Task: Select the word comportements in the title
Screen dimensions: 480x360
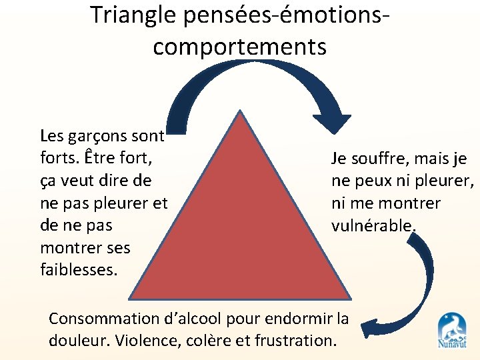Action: (240, 46)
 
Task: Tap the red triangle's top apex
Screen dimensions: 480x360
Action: (240, 113)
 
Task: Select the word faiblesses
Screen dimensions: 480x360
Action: (79, 270)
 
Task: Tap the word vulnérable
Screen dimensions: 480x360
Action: (373, 226)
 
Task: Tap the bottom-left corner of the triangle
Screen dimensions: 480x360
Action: (131, 297)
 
